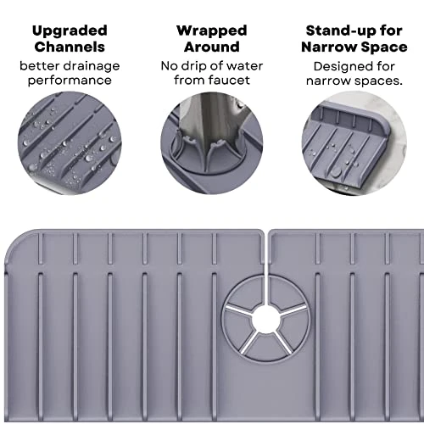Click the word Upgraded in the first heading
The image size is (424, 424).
click(70, 31)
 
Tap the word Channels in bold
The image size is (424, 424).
click(70, 47)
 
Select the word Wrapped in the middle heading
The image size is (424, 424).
click(212, 31)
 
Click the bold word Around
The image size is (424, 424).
click(212, 47)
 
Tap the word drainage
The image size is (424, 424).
click(92, 67)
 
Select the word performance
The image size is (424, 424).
click(70, 81)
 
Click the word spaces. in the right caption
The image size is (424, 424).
click(378, 81)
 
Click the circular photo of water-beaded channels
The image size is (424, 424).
click(70, 143)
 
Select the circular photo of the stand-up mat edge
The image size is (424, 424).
click(354, 143)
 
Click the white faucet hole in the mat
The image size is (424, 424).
click(265, 320)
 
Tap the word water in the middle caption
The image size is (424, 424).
click(245, 66)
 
